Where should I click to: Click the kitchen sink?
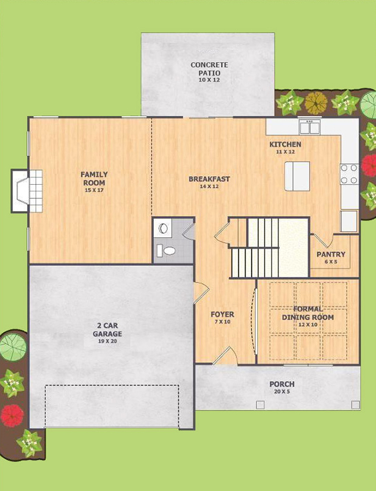(x=309, y=127)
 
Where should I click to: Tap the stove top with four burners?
(x=349, y=174)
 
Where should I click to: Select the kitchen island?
(x=297, y=176)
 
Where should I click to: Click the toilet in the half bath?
(x=167, y=251)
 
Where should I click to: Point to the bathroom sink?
(x=163, y=228)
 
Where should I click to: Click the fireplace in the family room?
(x=27, y=191)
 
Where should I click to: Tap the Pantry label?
(x=331, y=254)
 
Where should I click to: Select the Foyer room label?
(x=222, y=314)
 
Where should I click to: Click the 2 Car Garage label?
(x=107, y=330)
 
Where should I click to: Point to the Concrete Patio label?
(x=209, y=69)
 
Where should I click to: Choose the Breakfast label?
(x=209, y=179)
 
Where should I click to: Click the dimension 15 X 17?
(x=94, y=190)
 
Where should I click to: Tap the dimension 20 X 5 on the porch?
(x=282, y=392)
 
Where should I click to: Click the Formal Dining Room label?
(x=308, y=313)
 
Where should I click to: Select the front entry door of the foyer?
(x=226, y=356)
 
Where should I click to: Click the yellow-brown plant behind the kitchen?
(x=316, y=102)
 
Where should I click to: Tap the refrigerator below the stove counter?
(x=349, y=221)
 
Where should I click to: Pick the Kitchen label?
(x=285, y=145)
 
